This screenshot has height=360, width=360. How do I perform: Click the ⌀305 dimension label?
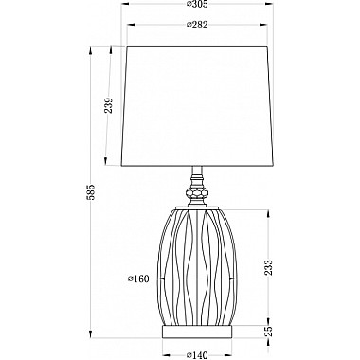(x=197, y=4)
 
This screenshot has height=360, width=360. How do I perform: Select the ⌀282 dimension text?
(x=197, y=25)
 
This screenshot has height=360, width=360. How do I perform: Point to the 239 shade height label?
(x=108, y=105)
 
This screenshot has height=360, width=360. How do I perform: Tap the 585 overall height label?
(x=91, y=191)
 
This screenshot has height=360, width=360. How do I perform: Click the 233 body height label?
(x=268, y=268)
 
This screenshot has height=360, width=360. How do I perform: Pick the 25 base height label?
(x=268, y=331)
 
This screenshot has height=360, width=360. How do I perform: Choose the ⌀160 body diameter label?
(x=138, y=279)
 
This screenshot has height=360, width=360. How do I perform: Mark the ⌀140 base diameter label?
(x=197, y=355)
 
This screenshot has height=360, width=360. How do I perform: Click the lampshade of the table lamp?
(x=197, y=106)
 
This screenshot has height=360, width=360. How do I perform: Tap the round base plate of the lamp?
(x=197, y=331)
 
